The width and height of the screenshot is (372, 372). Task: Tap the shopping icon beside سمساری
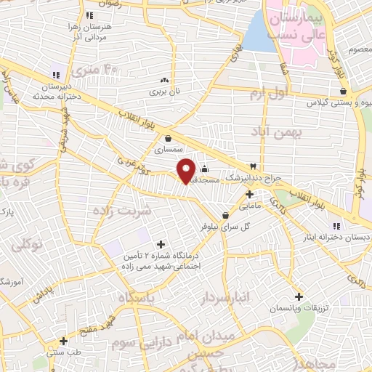tap(169, 138)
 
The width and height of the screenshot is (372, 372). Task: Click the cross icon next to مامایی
tap(249, 194)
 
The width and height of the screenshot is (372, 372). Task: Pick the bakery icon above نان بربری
tap(165, 81)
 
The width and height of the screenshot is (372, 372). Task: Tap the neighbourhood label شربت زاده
tap(121, 211)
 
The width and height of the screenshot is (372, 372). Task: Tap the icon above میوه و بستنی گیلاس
tap(352, 94)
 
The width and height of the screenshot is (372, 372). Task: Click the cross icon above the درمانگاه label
tap(161, 244)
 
